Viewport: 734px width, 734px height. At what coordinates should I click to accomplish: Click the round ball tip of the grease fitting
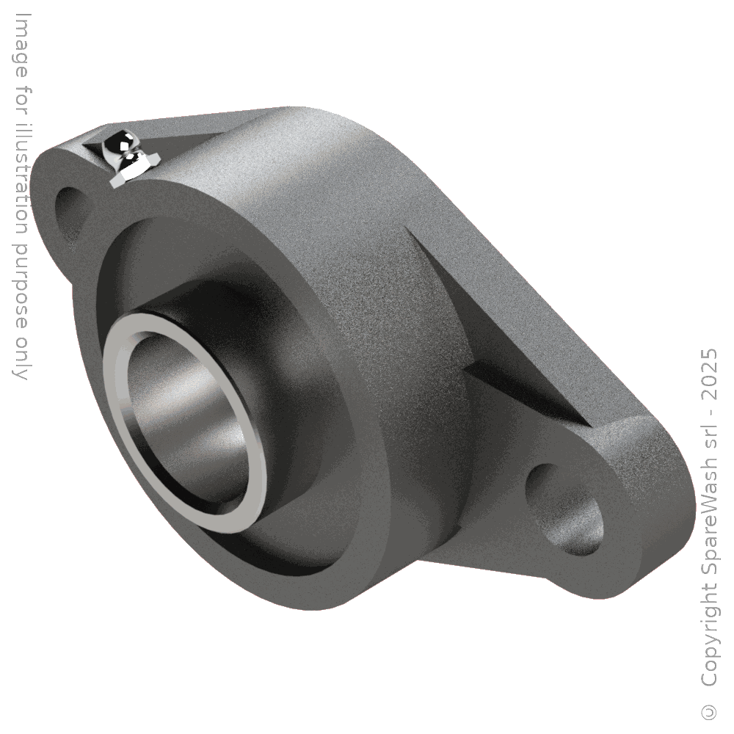tap(117, 141)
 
